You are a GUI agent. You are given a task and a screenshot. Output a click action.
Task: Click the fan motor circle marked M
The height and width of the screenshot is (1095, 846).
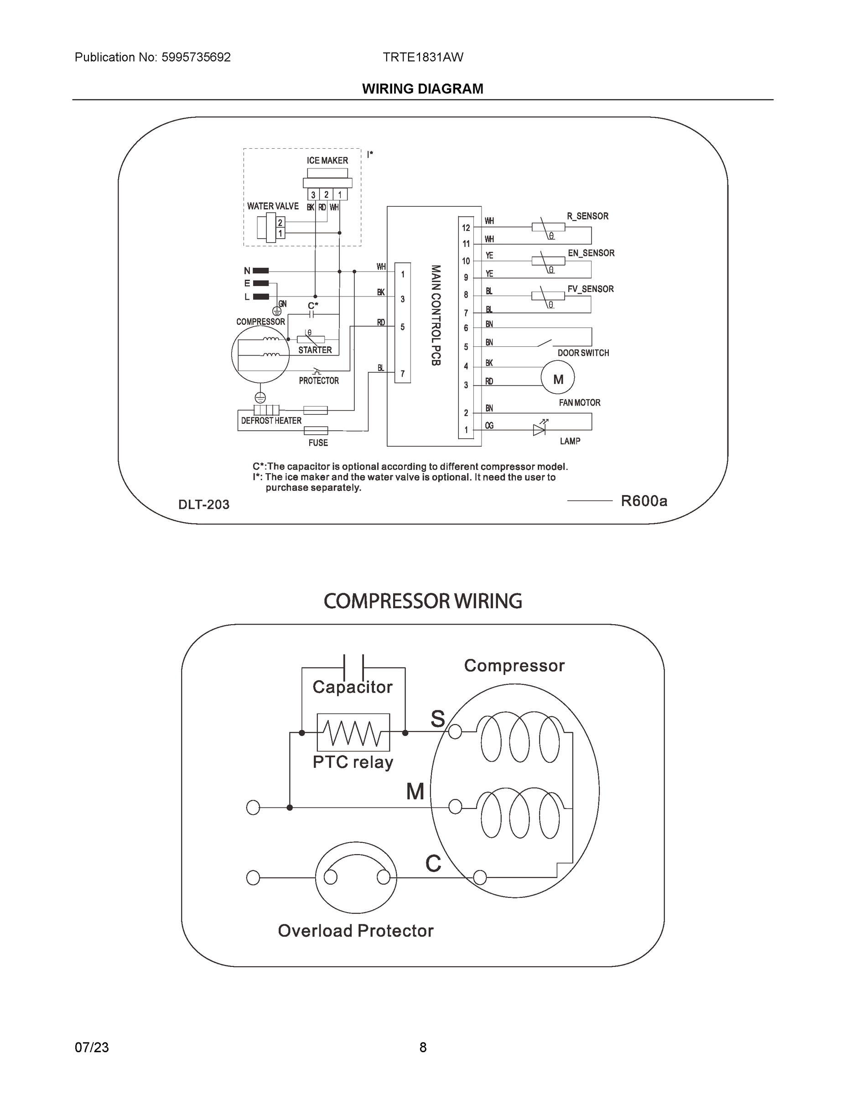click(558, 380)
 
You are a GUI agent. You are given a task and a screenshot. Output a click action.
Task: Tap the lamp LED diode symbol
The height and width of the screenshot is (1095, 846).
click(539, 430)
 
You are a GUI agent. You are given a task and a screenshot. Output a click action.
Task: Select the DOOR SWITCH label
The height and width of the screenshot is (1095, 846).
click(583, 353)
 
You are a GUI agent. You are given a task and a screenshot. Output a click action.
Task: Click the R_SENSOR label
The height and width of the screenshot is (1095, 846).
click(587, 216)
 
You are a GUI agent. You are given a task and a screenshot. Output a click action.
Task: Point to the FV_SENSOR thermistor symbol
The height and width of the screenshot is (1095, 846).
click(548, 296)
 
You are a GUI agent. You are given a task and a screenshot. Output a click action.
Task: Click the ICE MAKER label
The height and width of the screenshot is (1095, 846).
click(327, 161)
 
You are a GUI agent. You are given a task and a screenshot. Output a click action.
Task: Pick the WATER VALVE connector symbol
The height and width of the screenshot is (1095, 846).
click(270, 228)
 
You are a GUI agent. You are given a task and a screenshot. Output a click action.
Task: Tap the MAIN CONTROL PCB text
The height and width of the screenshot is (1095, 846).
click(436, 315)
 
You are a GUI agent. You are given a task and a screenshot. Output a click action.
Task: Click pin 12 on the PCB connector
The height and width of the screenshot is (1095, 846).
click(466, 228)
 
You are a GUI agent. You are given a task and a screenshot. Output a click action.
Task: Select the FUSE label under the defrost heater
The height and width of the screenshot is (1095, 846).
click(318, 443)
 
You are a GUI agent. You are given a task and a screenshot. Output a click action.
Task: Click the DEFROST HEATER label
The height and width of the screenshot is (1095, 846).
click(271, 421)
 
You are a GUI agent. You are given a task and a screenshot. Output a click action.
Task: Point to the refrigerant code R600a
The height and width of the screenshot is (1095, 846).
click(644, 501)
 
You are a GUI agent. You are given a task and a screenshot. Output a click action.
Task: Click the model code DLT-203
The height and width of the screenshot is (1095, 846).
click(204, 504)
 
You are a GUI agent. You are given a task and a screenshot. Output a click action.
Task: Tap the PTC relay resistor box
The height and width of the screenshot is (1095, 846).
click(353, 732)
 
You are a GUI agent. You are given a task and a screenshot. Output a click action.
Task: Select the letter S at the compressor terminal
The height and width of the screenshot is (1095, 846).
click(437, 719)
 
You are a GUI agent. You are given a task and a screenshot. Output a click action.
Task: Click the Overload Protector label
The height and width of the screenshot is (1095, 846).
click(355, 931)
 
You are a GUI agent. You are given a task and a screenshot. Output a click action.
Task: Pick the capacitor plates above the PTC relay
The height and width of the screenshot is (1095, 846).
click(353, 668)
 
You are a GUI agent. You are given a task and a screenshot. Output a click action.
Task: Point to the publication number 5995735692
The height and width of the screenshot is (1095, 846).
click(196, 57)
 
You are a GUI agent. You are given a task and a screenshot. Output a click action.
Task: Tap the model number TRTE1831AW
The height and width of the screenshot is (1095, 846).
click(423, 57)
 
